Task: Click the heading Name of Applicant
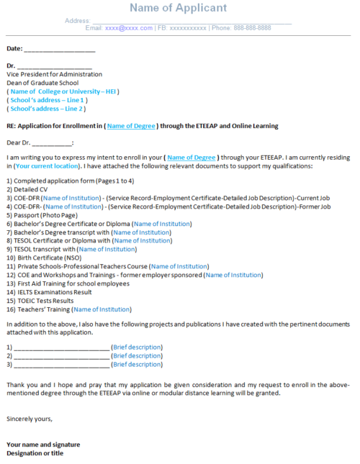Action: point(179,8)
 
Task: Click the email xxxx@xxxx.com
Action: point(129,28)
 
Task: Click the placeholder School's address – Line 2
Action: point(48,109)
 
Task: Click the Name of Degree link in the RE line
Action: point(132,126)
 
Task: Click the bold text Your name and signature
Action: point(43,445)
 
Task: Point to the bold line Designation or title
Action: point(35,453)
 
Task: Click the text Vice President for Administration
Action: point(54,74)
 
